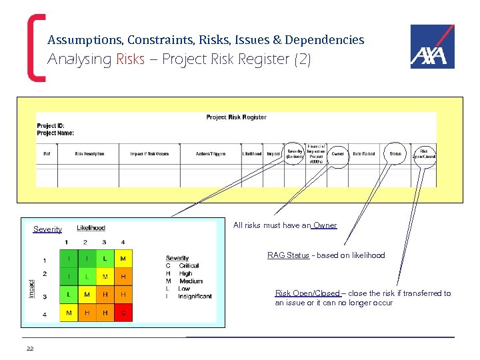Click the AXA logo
[x=432, y=47]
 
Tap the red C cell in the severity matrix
[x=123, y=312]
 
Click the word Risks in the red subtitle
[x=130, y=59]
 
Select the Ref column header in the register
[x=47, y=154]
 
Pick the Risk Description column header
[x=89, y=154]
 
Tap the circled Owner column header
[x=338, y=154]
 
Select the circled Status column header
[x=395, y=154]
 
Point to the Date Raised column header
[x=364, y=154]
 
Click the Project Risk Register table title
[x=236, y=117]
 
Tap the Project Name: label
[x=55, y=133]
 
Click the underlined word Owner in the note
[x=325, y=225]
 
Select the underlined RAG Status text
[x=288, y=255]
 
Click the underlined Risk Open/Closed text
[x=307, y=293]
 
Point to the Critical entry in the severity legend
[x=189, y=265]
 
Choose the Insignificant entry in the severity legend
[x=195, y=296]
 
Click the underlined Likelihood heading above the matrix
[x=91, y=228]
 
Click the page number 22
[x=30, y=348]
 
